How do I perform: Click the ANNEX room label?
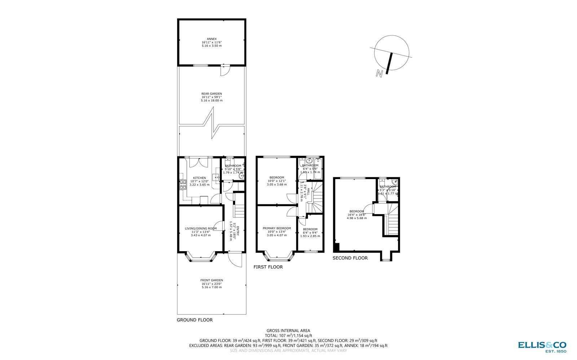tap(212, 39)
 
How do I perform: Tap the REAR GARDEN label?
tap(212, 94)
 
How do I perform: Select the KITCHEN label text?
tap(199, 178)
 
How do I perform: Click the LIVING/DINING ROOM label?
tap(201, 228)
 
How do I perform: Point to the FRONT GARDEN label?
tap(212, 280)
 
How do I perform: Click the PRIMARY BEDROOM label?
tap(277, 228)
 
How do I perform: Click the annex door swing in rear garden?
tap(224, 71)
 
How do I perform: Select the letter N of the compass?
tap(379, 74)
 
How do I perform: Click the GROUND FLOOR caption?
tap(195, 320)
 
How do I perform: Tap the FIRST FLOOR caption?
tap(268, 267)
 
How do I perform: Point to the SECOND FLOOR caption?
tap(350, 258)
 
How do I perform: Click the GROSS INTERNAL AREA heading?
tap(288, 330)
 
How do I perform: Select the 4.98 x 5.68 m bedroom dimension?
tap(357, 218)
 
